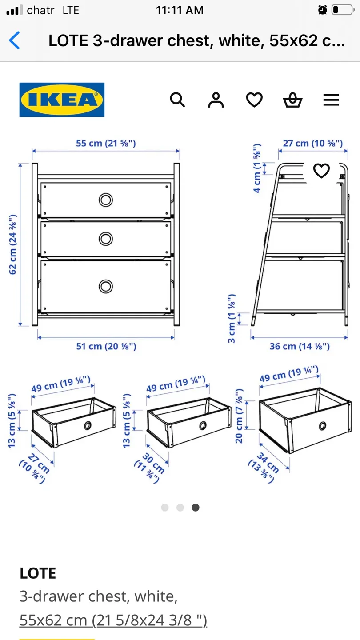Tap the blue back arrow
[15, 40]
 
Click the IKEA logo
[62, 100]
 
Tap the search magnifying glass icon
[177, 100]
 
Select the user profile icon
[216, 100]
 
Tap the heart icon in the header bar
[254, 100]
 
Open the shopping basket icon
[292, 100]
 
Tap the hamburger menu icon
[331, 100]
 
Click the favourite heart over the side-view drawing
[321, 171]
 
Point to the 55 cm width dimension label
[106, 143]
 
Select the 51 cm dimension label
[106, 346]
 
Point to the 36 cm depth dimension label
[300, 346]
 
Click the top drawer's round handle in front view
[106, 200]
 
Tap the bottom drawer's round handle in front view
[106, 286]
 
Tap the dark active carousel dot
[195, 508]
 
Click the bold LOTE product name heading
[38, 573]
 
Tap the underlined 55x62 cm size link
[113, 620]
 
